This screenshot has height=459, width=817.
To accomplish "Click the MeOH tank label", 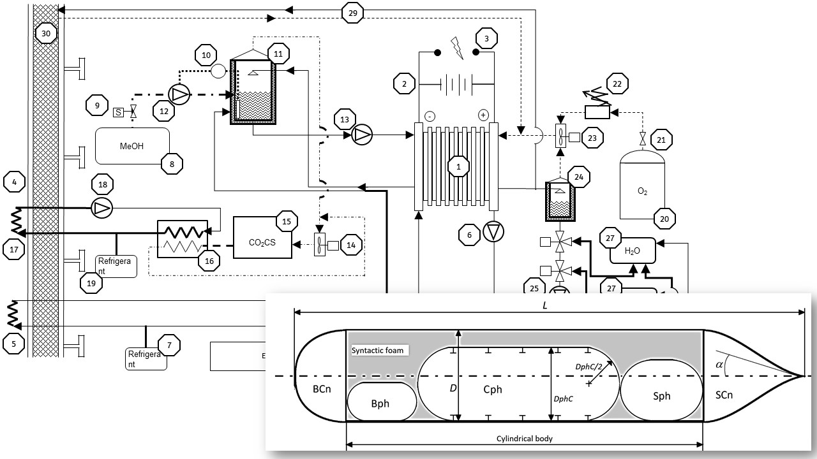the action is point(131,146).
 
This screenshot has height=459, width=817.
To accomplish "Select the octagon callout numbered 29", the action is point(353,13).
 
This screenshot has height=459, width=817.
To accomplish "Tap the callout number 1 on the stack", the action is point(458,166).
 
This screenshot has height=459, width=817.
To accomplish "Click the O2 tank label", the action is point(642,191).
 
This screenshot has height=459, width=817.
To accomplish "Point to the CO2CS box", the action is point(262,238).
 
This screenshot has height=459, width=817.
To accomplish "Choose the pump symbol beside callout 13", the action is point(362,135).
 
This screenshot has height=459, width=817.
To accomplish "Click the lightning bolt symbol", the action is point(456,48).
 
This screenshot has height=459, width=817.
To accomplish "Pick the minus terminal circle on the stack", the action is point(430,116).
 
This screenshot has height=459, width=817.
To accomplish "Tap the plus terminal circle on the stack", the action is point(483,115).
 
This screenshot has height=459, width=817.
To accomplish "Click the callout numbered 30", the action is point(46,34).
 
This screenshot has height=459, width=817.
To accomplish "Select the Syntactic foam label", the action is point(377,351).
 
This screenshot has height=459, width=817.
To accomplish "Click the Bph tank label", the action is point(380,404).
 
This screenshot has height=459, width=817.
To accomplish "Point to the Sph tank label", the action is point(661,396).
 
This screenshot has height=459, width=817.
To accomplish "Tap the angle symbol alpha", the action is point(719,364).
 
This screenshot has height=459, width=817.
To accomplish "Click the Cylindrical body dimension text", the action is point(525,438).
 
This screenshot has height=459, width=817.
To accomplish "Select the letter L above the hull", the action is point(545,305).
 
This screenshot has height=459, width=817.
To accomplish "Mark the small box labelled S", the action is point(118,112).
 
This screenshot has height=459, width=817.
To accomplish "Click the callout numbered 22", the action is point(617,84).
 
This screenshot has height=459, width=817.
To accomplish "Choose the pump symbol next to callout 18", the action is point(101,208).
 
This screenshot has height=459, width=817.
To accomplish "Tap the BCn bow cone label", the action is point(322,389).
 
